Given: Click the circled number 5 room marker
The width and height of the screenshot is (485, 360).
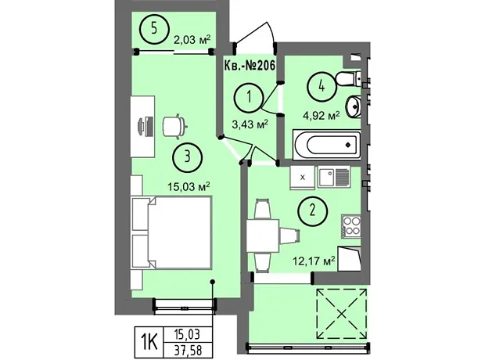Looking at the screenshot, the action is (x=154, y=29).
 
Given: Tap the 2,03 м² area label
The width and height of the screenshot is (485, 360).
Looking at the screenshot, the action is (x=192, y=40).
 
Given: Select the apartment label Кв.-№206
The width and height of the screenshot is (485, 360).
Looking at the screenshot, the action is (x=250, y=66).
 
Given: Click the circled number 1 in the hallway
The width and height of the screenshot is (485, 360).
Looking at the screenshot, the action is (x=249, y=98).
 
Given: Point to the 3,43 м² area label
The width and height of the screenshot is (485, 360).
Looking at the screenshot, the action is (x=250, y=124).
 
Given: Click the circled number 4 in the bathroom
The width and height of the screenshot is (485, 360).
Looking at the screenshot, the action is (x=322, y=86).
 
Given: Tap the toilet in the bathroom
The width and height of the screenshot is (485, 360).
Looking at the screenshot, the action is (x=349, y=78).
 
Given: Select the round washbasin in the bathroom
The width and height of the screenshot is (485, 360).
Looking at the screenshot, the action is (x=354, y=106).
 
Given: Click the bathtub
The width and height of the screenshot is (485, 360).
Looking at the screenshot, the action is (x=327, y=145).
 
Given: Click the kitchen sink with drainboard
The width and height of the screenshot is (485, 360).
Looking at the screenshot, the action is (x=334, y=176).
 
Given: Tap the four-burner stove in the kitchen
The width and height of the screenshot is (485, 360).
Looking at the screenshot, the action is (x=351, y=227).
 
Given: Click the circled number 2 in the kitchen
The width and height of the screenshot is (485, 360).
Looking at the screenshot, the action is (x=312, y=211).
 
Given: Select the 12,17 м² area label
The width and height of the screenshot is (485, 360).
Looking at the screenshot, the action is (x=314, y=261).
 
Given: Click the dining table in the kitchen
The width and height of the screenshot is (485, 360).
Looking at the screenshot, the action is (x=263, y=236).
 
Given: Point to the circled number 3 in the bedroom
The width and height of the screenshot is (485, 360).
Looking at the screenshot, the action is (x=188, y=157).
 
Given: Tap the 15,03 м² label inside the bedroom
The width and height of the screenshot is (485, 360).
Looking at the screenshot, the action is (x=189, y=186).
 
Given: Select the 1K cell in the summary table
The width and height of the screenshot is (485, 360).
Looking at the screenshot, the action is (x=148, y=343).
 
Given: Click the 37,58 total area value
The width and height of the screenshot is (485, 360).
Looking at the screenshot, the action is (x=189, y=351).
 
